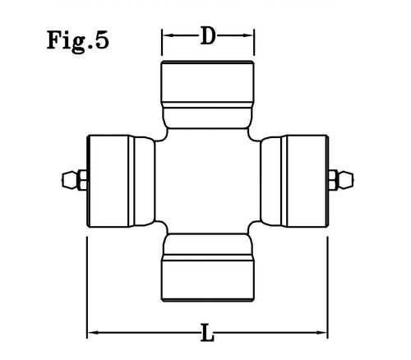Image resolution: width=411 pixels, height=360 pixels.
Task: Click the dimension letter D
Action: pyautogui.click(x=208, y=35)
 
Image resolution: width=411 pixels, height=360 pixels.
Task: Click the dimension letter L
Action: pyautogui.click(x=207, y=332)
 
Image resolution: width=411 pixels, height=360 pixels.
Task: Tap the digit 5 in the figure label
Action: pyautogui.click(x=102, y=40)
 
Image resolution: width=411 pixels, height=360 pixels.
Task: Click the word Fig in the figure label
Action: pyautogui.click(x=66, y=41)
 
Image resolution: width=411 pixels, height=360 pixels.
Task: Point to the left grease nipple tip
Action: pyautogui.click(x=62, y=180)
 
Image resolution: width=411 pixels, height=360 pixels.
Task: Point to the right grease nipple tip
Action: pyautogui.click(x=353, y=180)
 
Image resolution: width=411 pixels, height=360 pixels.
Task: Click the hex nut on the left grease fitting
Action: pyautogui.click(x=82, y=180)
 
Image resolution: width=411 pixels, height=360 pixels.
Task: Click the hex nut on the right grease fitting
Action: pyautogui.click(x=333, y=180)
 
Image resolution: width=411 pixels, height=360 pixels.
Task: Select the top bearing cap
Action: pyautogui.click(x=208, y=95)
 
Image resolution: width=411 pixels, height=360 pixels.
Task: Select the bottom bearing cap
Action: pyautogui.click(x=208, y=267)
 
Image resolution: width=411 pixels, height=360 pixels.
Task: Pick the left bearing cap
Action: pyautogui.click(x=121, y=181)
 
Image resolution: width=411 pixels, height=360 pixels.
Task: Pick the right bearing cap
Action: pyautogui.click(x=294, y=181)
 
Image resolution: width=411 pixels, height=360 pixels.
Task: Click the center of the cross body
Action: pyautogui.click(x=208, y=181)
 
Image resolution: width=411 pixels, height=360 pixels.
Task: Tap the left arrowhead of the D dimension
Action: pyautogui.click(x=167, y=35)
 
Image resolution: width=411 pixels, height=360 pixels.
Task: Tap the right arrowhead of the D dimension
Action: pyautogui.click(x=248, y=35)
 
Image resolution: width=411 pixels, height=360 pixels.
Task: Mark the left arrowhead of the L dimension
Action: pyautogui.click(x=93, y=333)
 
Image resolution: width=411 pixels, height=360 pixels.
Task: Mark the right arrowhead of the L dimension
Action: pyautogui.click(x=321, y=333)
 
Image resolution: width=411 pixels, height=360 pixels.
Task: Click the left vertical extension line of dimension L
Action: pyautogui.click(x=87, y=288)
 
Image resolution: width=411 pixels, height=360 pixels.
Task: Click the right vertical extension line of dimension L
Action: pyautogui.click(x=328, y=288)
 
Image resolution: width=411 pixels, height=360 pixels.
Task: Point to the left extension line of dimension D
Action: pyautogui.click(x=162, y=42)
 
